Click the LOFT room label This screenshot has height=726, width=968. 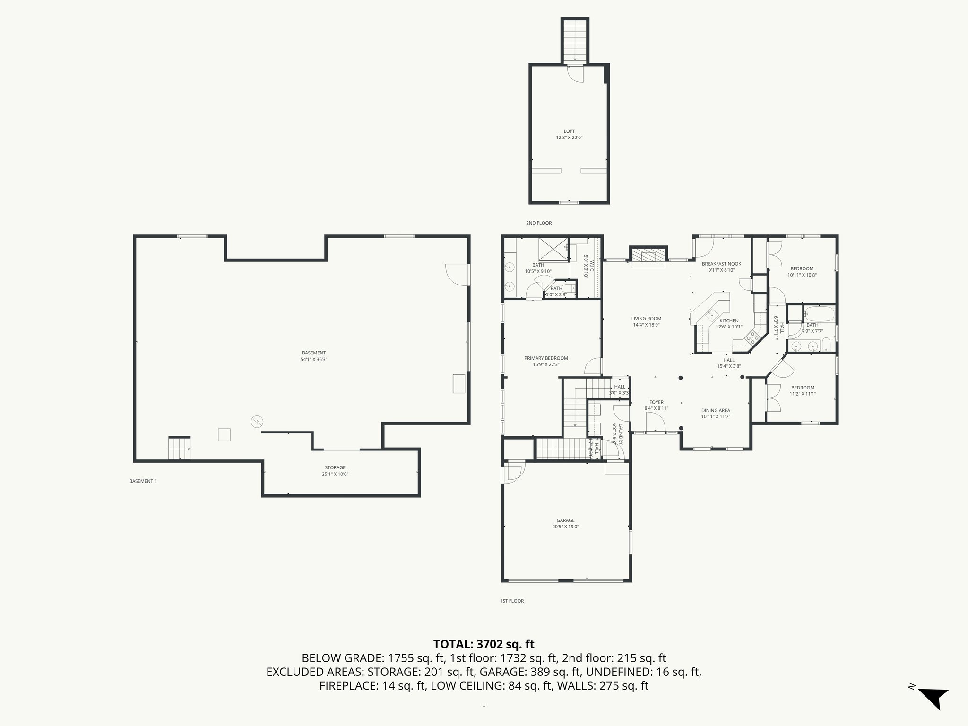pyautogui.click(x=569, y=131)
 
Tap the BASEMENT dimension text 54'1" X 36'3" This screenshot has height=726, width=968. pyautogui.click(x=314, y=359)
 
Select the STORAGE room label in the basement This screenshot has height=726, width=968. pyautogui.click(x=335, y=467)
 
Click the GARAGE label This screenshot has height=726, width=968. pyautogui.click(x=565, y=520)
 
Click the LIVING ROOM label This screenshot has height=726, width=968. pyautogui.click(x=646, y=319)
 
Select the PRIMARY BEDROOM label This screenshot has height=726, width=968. pyautogui.click(x=546, y=358)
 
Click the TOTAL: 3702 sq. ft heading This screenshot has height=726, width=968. pyautogui.click(x=484, y=644)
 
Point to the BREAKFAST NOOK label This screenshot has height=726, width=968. pyautogui.click(x=721, y=264)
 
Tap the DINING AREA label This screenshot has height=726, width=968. pyautogui.click(x=716, y=410)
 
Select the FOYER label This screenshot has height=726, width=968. pyautogui.click(x=656, y=402)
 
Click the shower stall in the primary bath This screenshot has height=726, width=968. pyautogui.click(x=553, y=249)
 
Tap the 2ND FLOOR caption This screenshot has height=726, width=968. pyautogui.click(x=539, y=223)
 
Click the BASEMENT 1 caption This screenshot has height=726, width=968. pyautogui.click(x=143, y=481)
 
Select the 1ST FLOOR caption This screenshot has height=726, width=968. pyautogui.click(x=512, y=601)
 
